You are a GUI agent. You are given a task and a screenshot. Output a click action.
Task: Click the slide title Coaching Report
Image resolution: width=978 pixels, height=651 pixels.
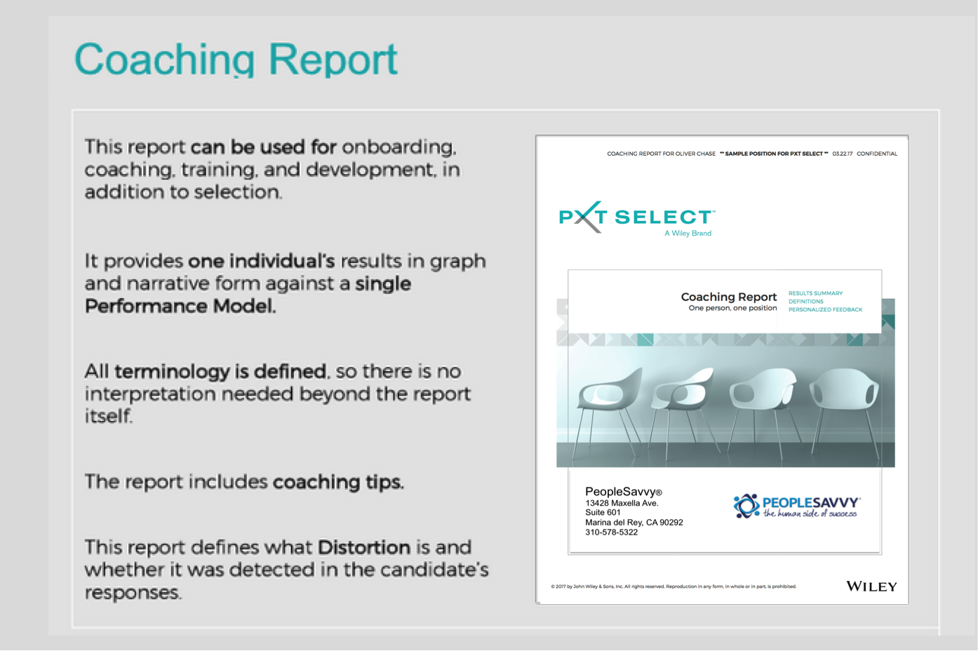236,60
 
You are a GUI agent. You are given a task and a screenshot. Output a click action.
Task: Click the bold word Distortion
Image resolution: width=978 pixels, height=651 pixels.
363,547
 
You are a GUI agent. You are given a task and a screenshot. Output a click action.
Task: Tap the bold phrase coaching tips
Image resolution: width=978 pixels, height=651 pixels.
337,482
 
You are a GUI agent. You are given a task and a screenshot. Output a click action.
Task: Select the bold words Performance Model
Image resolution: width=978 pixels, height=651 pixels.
180,307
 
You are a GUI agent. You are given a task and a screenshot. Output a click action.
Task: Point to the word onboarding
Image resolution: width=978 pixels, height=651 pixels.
398,147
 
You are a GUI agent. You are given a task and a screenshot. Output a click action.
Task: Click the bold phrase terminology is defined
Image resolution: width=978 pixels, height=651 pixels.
220,371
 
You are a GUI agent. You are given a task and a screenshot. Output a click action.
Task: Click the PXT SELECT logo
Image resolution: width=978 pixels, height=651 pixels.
636,217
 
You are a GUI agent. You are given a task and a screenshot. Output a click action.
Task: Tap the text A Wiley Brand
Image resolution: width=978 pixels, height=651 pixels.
688,234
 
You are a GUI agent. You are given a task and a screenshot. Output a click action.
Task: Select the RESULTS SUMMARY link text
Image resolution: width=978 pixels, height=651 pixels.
815,293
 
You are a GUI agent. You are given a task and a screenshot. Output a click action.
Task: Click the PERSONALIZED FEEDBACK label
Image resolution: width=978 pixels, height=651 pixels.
825,309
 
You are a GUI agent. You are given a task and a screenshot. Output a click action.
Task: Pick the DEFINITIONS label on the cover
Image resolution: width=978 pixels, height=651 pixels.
805,302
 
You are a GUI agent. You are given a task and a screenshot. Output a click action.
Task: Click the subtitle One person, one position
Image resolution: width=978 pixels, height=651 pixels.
732,308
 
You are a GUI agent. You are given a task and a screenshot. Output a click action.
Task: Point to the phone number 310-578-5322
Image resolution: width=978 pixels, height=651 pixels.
611,532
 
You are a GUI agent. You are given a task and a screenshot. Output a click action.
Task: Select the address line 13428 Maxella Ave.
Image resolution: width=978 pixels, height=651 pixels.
622,503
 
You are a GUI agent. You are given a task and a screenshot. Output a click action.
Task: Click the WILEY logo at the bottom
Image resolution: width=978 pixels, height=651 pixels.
871,586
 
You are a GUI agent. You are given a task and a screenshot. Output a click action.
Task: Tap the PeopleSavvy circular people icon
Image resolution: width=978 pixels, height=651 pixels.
746,506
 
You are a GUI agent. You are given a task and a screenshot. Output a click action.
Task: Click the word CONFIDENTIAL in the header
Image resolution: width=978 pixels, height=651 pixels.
876,154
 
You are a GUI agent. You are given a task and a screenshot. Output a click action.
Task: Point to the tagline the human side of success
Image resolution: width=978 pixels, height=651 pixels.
810,514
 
